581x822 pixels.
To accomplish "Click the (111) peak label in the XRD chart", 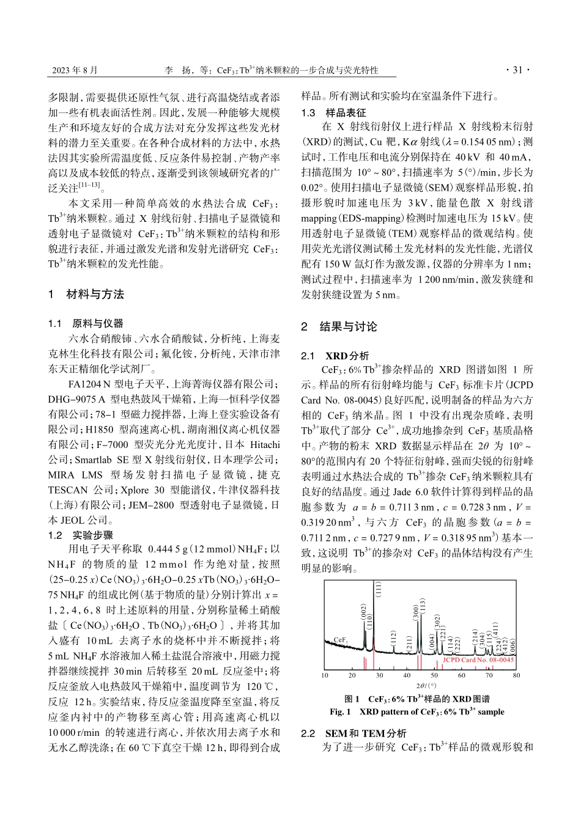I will click(379, 590).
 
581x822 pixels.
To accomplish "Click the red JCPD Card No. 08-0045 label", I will click(478, 660).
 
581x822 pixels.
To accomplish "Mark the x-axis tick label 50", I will click(434, 675).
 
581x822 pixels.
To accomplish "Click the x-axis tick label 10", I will click(325, 675).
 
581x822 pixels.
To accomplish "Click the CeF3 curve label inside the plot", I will click(341, 639).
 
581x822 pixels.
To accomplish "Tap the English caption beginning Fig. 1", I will click(417, 711).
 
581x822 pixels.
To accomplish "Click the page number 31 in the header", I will click(517, 70).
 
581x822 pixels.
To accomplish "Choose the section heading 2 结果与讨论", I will click(339, 326).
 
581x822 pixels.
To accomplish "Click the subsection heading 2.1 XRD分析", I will click(335, 356).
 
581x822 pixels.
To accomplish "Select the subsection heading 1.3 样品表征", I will click(333, 112).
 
